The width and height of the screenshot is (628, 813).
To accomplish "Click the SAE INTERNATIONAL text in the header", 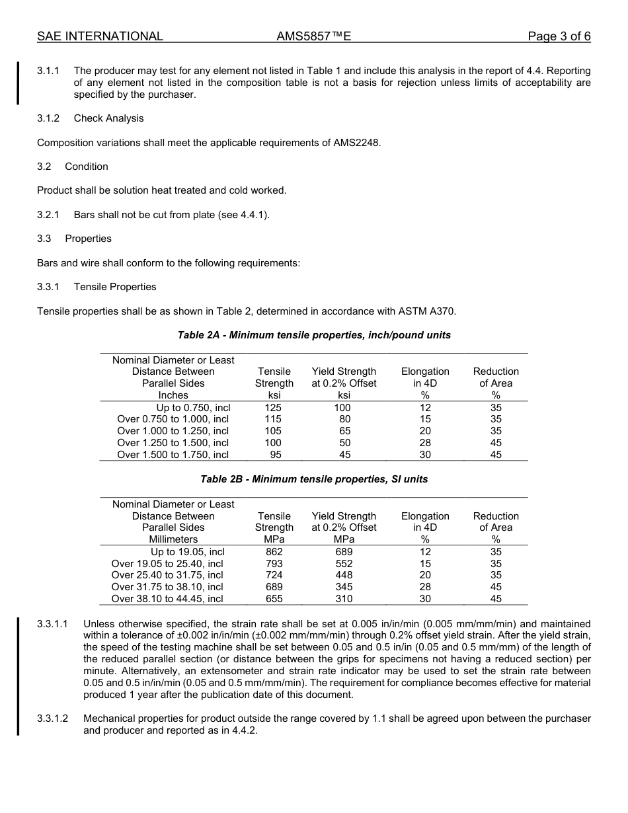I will (x=100, y=36).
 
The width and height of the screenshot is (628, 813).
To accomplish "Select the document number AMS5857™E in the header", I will (x=313, y=36).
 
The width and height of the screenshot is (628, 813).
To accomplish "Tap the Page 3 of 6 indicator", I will (x=559, y=36).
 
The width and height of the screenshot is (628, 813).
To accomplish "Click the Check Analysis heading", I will (x=108, y=118).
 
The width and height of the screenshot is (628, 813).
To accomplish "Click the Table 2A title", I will (x=314, y=335).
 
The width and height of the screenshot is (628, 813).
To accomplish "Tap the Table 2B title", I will (x=314, y=479).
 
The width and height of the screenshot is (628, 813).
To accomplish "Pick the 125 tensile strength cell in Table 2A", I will (x=273, y=407).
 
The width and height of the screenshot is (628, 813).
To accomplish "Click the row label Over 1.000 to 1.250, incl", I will (x=173, y=431).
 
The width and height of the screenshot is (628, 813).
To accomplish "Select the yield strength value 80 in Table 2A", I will (x=344, y=419).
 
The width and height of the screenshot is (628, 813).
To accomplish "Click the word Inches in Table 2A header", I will (x=173, y=395).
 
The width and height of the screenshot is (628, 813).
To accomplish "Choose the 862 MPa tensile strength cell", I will (x=274, y=552).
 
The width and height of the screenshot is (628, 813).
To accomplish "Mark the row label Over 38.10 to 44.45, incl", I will (x=167, y=599).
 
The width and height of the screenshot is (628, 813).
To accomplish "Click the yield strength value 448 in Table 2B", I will (x=344, y=575).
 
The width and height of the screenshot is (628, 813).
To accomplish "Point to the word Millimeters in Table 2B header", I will (x=173, y=539).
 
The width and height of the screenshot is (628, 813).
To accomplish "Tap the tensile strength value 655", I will (x=274, y=599).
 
